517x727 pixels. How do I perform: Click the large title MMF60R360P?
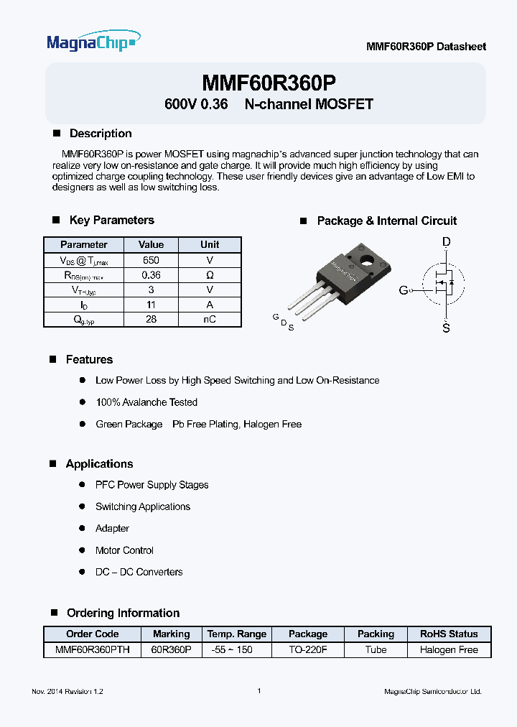point(269,82)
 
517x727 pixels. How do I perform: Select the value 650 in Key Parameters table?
point(151,260)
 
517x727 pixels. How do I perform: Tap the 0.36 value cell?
point(151,275)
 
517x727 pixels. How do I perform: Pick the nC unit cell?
point(210,320)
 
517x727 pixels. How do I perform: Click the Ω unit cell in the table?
point(210,275)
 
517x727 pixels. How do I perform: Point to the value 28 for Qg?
point(151,320)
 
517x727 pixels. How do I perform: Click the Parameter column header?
point(84,245)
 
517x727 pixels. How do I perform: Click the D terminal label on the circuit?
point(447,243)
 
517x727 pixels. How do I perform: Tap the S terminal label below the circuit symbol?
point(447,328)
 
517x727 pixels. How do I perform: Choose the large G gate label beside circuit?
point(404,290)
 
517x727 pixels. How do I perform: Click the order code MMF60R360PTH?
point(93,649)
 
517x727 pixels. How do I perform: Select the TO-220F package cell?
point(308,649)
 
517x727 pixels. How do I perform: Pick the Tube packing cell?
point(376,649)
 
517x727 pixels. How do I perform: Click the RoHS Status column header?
point(449,634)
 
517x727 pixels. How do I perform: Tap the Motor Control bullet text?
point(124,550)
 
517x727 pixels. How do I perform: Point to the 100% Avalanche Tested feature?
point(146,402)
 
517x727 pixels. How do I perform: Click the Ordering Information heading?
point(123,613)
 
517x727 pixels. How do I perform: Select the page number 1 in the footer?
point(258,691)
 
